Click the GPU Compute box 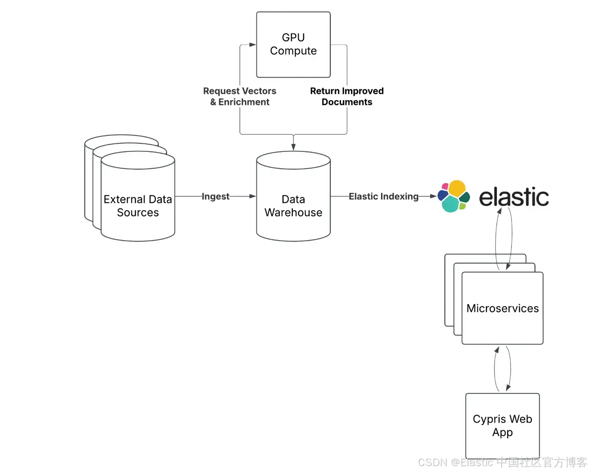(x=293, y=44)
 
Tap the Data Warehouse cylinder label (x=293, y=206)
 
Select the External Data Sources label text (x=138, y=206)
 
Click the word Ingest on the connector (x=215, y=196)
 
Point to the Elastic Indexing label (x=384, y=196)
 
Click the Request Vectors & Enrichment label (x=240, y=96)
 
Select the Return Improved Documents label (x=347, y=96)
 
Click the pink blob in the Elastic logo (x=445, y=186)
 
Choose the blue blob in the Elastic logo (x=442, y=195)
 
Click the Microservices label (x=502, y=308)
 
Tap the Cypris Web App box (x=502, y=426)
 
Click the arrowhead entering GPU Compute (x=253, y=45)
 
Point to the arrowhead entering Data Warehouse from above (x=293, y=147)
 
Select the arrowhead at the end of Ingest (x=253, y=196)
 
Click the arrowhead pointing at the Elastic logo (x=433, y=196)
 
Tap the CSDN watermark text (x=502, y=462)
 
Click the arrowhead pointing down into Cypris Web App (x=508, y=388)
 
